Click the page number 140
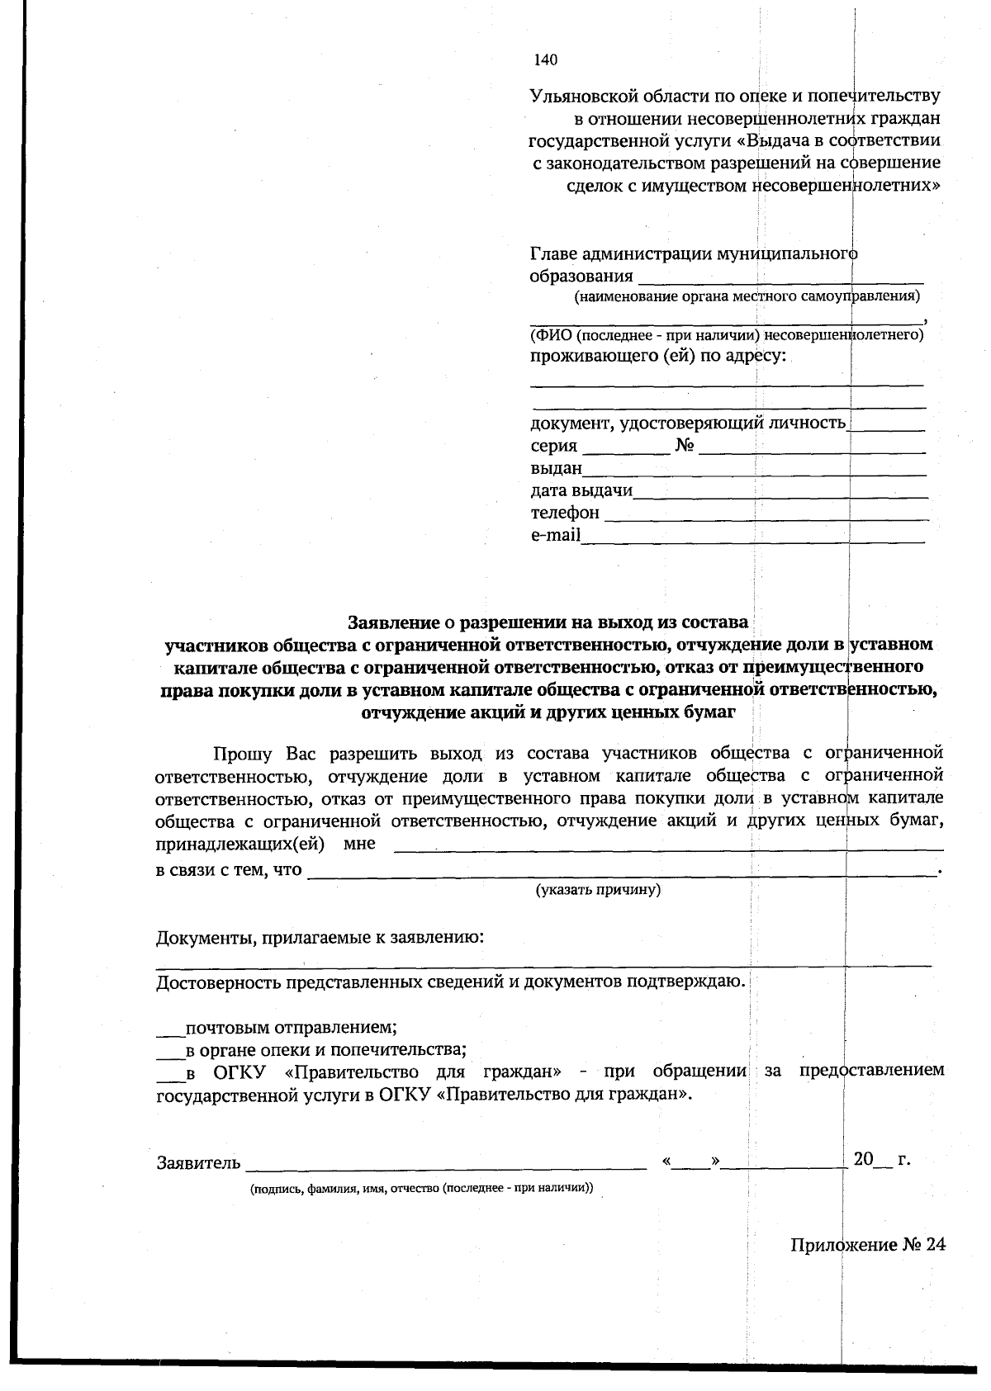point(546,59)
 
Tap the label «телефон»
point(565,513)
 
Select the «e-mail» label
point(556,535)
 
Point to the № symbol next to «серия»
point(685,446)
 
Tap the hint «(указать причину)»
point(598,890)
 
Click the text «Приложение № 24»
point(867,1245)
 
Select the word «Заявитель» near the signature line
point(199,1163)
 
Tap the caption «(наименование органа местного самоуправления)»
point(747,296)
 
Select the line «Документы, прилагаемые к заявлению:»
point(320,939)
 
